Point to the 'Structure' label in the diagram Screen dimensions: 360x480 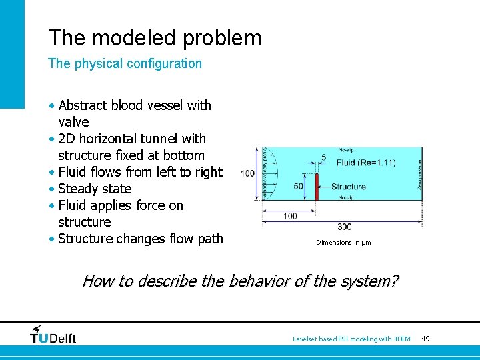(x=348, y=187)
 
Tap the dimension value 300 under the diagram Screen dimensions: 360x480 (x=345, y=227)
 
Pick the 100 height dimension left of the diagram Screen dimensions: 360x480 (x=248, y=173)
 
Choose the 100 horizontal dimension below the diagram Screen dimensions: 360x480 (x=290, y=216)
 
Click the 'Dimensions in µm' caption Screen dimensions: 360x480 (x=343, y=243)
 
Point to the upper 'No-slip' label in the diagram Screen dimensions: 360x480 (x=347, y=150)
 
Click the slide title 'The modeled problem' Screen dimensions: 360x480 (x=155, y=38)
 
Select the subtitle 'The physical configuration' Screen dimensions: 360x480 (x=125, y=64)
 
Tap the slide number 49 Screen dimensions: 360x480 (x=425, y=339)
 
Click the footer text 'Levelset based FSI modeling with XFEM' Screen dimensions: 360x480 (x=351, y=339)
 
